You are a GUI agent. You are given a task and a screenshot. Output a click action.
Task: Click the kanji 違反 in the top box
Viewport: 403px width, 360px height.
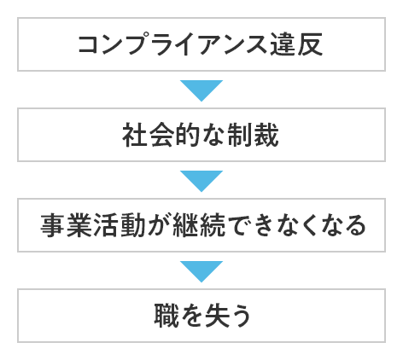[296, 44]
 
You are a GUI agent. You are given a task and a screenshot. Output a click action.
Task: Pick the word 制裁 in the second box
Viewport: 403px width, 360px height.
[253, 135]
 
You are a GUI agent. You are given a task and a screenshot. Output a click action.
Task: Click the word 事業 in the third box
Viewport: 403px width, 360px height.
[66, 225]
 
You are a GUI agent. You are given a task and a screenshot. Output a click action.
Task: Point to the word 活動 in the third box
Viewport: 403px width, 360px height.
[119, 225]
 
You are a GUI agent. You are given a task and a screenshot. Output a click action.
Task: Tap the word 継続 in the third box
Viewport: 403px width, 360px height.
[199, 225]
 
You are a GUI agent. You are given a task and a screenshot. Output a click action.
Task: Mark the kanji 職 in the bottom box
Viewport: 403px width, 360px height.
[166, 316]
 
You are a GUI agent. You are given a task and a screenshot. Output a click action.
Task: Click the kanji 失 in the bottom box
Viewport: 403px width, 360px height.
[218, 316]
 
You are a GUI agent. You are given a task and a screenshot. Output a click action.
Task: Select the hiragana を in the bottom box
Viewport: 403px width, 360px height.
[192, 316]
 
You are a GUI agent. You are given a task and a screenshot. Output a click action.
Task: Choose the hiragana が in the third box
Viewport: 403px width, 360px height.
[159, 225]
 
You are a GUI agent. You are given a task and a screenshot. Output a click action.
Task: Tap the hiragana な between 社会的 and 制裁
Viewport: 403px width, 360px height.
[213, 135]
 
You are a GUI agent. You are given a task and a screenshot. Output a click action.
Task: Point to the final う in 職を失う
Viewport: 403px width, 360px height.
[242, 316]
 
